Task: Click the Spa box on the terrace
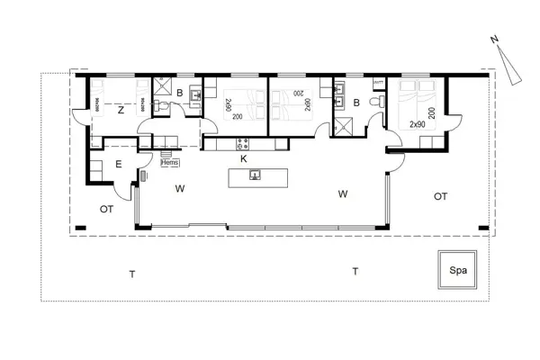458,268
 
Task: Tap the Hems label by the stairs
167,163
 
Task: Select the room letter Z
120,111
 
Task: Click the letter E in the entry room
119,164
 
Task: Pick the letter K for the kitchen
244,157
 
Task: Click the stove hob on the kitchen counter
241,142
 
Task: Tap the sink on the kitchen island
255,175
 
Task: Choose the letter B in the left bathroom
180,93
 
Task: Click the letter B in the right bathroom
356,103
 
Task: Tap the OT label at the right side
440,195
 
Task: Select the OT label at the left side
106,209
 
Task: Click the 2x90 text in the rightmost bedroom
417,123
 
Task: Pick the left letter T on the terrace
131,274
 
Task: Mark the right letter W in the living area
342,193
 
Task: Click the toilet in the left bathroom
158,106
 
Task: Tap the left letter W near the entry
180,188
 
